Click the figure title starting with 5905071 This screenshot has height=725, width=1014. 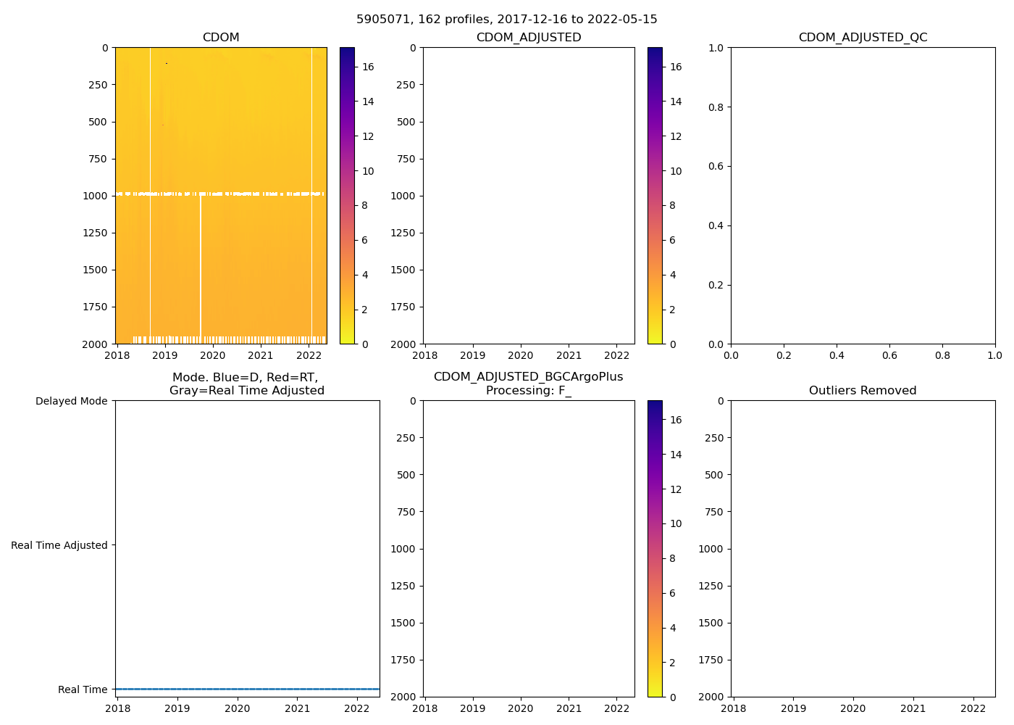[506, 20]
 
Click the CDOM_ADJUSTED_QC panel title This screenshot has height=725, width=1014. [863, 38]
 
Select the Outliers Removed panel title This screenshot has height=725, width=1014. [863, 391]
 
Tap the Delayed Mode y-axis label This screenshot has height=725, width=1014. [71, 401]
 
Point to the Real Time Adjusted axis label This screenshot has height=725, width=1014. [59, 545]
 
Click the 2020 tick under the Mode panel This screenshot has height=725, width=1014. [237, 709]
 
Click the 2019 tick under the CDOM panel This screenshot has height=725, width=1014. [165, 356]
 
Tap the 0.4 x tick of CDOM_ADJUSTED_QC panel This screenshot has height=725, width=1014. [837, 356]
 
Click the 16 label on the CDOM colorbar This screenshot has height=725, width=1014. [368, 67]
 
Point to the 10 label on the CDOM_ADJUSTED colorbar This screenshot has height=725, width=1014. [675, 171]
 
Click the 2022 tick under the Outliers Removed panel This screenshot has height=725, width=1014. [973, 709]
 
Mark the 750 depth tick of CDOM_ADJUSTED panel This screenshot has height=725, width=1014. [406, 159]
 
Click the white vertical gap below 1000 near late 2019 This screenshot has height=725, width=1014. [201, 268]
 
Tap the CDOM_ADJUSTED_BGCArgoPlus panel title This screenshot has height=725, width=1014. [528, 384]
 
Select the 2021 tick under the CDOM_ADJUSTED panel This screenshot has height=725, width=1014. [569, 356]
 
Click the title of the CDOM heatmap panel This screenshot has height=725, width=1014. [221, 38]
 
